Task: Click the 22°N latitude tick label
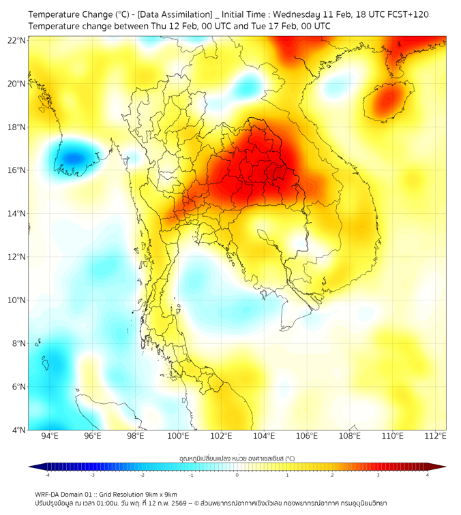pos(17,40)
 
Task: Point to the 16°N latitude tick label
pos(17,170)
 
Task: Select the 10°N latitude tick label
pos(17,300)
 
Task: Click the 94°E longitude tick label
pos(50,437)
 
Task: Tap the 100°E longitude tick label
pos(178,437)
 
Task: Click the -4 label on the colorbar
pos(47,475)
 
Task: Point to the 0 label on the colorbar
pos(237,475)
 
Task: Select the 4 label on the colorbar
pos(428,475)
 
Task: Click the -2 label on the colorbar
pos(142,475)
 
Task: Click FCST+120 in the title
pos(408,14)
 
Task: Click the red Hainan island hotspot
pos(388,101)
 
